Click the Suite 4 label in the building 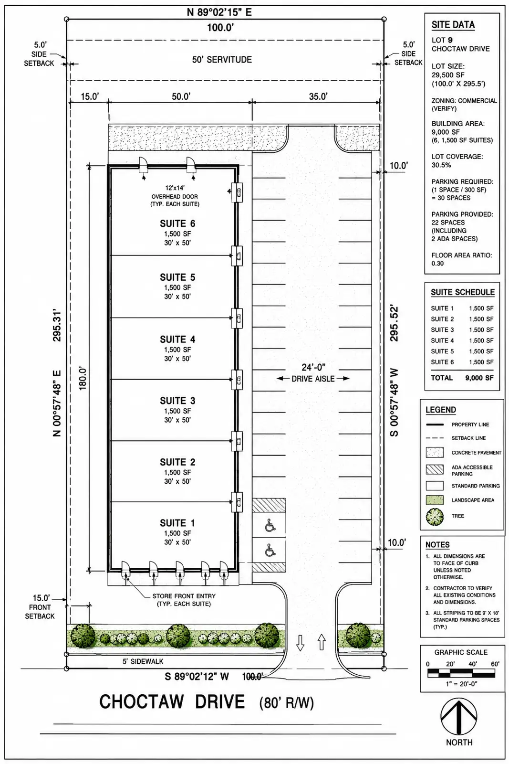coord(177,340)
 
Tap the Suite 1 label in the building coord(177,523)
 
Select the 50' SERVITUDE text coord(222,60)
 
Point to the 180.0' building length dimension coord(83,379)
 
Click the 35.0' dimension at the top coord(318,96)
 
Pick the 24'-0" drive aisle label coord(313,367)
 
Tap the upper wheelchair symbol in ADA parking coord(270,526)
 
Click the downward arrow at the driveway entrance coord(300,643)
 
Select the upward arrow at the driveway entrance coord(322,642)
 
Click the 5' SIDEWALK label coord(143,661)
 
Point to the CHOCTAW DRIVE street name coord(172,702)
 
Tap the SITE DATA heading coord(453,24)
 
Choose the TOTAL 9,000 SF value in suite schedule coord(479,378)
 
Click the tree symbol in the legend coord(435,516)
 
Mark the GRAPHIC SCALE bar coord(461,673)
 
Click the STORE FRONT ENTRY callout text coord(184,600)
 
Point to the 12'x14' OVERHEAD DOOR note coord(175,196)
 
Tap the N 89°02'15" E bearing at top coord(219,12)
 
